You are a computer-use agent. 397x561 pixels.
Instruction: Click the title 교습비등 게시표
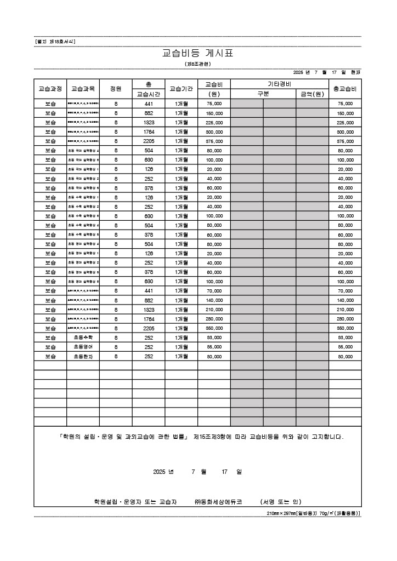tap(198, 54)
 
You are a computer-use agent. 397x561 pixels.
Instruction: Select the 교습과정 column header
tap(50, 89)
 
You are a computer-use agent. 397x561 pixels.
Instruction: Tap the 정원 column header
tap(116, 89)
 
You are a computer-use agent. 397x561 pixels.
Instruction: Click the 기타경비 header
tap(279, 84)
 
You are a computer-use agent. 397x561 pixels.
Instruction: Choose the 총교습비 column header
tap(345, 89)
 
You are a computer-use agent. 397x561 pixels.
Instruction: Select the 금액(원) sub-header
tap(312, 94)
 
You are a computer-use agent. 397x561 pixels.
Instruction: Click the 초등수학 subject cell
tap(83, 337)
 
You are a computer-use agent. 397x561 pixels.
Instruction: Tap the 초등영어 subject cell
tap(83, 347)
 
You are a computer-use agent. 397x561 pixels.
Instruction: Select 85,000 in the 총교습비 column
tap(345, 347)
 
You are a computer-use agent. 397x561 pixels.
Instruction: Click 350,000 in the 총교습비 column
tap(345, 328)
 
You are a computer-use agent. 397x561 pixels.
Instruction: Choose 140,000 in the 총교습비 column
tap(345, 300)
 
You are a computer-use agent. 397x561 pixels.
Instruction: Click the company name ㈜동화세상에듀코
tap(218, 501)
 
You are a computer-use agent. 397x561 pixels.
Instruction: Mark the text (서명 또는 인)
tap(280, 501)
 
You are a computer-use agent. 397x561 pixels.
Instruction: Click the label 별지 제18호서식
tap(54, 41)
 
